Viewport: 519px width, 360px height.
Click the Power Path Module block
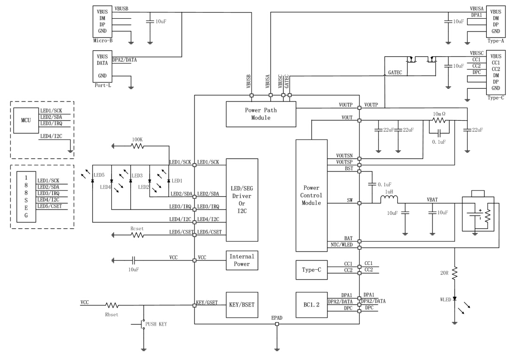point(261,114)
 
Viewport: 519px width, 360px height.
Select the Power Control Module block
point(312,196)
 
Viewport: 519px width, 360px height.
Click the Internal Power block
point(242,260)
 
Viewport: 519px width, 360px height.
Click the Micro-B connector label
point(103,40)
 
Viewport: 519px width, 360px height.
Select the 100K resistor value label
point(137,139)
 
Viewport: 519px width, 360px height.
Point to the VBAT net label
point(432,199)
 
